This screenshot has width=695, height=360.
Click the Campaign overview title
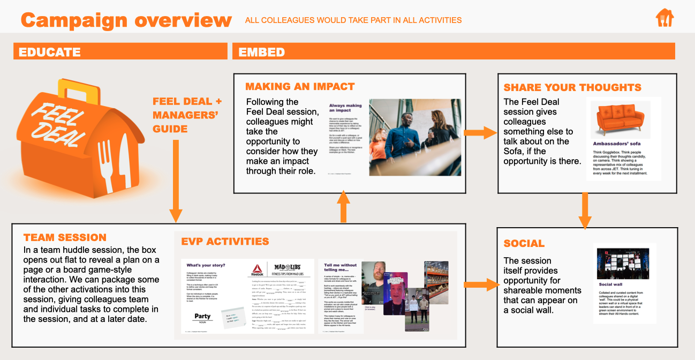(x=126, y=20)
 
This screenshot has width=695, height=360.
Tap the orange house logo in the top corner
(x=664, y=18)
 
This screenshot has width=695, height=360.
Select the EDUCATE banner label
(x=50, y=52)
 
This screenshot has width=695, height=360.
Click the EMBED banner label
(x=262, y=52)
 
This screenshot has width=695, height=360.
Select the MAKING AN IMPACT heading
(x=300, y=87)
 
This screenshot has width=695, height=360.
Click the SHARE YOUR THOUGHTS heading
(x=572, y=87)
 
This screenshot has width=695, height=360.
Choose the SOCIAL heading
(x=524, y=244)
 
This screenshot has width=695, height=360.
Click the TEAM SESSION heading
(x=65, y=237)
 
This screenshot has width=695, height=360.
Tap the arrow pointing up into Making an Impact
(x=344, y=205)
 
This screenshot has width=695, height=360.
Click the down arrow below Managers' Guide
(x=175, y=182)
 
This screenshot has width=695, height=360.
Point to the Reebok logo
(x=258, y=271)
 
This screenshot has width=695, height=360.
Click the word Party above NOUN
(x=202, y=316)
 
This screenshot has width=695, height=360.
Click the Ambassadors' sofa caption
(x=616, y=144)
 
